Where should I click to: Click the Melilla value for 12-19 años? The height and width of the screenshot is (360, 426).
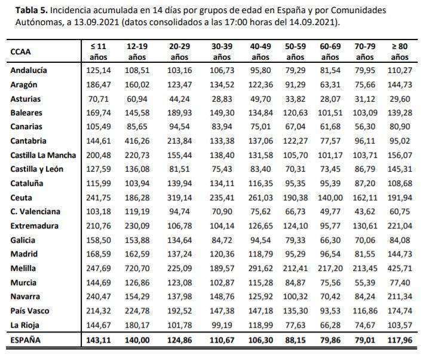[137, 269]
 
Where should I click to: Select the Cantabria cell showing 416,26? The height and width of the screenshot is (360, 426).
[137, 141]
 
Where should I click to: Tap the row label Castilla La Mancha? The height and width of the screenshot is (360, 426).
[43, 155]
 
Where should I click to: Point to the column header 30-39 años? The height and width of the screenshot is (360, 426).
[222, 51]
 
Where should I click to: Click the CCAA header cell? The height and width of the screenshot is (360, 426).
[20, 51]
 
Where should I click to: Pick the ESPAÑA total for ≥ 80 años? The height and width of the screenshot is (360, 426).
[400, 340]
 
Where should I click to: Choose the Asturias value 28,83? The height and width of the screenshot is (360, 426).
[222, 99]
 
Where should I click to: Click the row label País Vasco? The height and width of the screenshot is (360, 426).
[30, 311]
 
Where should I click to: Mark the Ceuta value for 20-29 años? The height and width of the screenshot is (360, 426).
[179, 198]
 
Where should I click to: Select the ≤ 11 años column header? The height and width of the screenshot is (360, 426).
[99, 51]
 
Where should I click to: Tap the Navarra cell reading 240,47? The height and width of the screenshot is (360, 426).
[99, 297]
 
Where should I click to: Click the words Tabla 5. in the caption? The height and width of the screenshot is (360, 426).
[32, 10]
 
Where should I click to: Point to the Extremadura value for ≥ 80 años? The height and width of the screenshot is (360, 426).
[400, 226]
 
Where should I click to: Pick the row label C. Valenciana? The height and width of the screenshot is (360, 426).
[35, 212]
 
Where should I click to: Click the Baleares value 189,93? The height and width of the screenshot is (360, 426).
[179, 112]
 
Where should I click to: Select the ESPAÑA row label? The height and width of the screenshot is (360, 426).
[25, 340]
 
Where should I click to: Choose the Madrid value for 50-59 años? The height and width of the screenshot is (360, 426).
[295, 254]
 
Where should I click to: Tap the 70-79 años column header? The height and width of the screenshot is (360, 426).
[365, 51]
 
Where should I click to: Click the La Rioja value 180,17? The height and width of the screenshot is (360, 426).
[137, 325]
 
